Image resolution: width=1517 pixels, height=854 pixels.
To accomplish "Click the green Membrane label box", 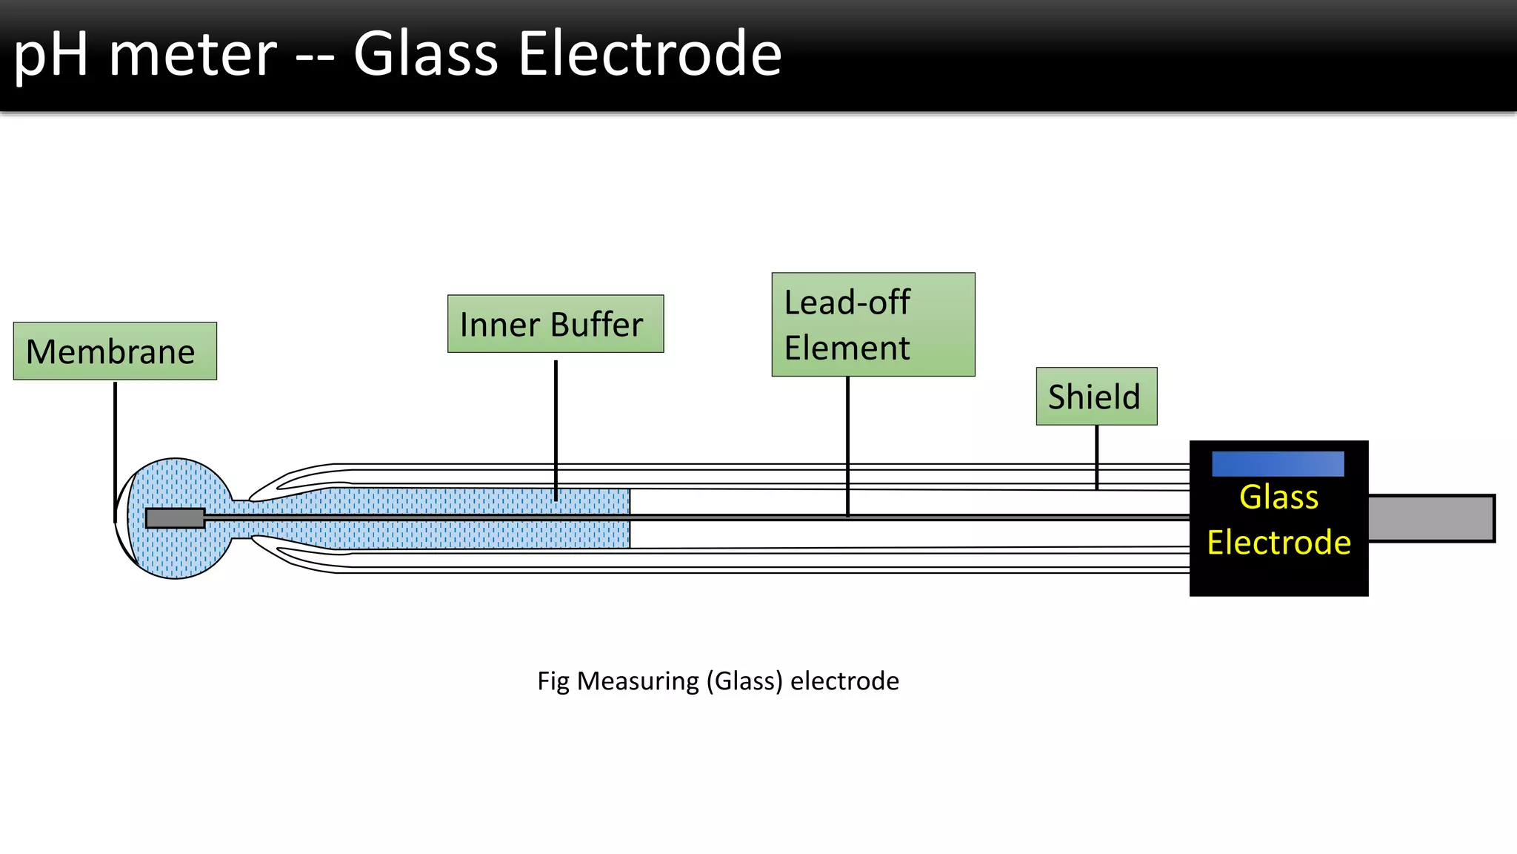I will click(115, 351).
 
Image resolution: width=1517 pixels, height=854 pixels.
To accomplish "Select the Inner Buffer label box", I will click(556, 324).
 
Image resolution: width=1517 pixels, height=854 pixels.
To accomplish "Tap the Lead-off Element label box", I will click(873, 325).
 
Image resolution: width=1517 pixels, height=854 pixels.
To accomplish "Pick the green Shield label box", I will click(1096, 397).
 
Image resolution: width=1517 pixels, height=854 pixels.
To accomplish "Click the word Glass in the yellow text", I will click(1278, 497).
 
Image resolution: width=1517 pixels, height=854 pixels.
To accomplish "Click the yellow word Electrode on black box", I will click(1278, 543).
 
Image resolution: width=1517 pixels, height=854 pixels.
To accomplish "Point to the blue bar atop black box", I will click(1278, 464).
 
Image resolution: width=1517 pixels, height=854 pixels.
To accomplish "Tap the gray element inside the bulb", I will click(175, 518).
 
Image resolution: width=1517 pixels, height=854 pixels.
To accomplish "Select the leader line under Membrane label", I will click(116, 445).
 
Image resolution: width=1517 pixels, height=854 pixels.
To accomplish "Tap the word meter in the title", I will click(193, 56).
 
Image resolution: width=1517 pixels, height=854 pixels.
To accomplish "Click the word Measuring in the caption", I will click(638, 681).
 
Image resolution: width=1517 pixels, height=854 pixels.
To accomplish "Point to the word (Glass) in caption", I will click(744, 681).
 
